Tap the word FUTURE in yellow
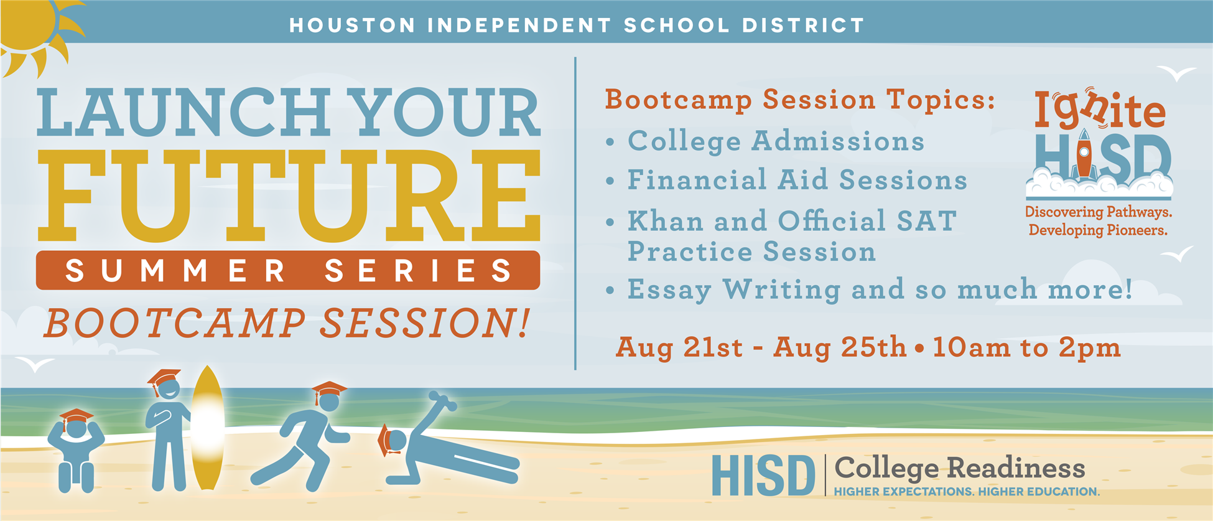tap(289, 196)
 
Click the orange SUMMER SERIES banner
tap(288, 270)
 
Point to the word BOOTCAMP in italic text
tap(175, 324)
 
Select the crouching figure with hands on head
tap(77, 449)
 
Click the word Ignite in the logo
tap(1100, 110)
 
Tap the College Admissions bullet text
tap(776, 141)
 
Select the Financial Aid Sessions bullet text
tap(797, 180)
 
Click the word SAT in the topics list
tap(926, 221)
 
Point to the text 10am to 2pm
tap(1026, 348)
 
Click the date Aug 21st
tap(679, 348)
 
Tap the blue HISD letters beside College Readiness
tap(763, 476)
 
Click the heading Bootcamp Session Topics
tap(801, 100)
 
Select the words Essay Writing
tap(735, 290)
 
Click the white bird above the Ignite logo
tap(1176, 73)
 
